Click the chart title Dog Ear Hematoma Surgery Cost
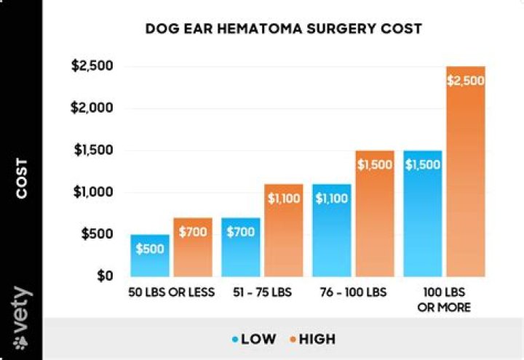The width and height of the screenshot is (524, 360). (284, 29)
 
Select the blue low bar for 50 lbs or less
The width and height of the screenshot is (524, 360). (150, 255)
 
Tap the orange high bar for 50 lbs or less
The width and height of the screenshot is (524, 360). (192, 247)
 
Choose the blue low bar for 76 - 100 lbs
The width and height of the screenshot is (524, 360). (331, 230)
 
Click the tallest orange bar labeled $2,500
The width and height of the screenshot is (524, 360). (465, 172)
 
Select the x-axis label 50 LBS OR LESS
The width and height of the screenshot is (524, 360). (171, 293)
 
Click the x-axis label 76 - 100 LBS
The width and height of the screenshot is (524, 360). (353, 293)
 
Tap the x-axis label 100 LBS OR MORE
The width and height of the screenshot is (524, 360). (444, 300)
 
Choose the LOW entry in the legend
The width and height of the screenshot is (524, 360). (255, 339)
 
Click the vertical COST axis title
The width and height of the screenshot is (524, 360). (22, 178)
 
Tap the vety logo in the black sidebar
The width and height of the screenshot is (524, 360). (22, 318)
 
